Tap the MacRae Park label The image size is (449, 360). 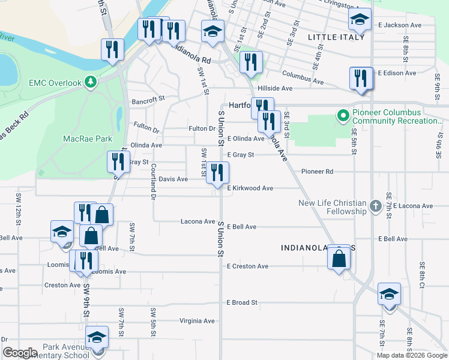pyautogui.click(x=88, y=139)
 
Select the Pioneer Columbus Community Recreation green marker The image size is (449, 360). pyautogui.click(x=343, y=115)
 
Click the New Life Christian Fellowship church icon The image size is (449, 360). pyautogui.click(x=375, y=206)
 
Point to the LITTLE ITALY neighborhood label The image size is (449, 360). pyautogui.click(x=336, y=37)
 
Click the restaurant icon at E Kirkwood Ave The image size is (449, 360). pyautogui.click(x=217, y=173)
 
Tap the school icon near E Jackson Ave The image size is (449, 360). pyautogui.click(x=360, y=20)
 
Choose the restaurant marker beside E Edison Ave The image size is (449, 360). pyautogui.click(x=361, y=79)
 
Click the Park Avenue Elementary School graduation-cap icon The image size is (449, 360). pyautogui.click(x=96, y=338)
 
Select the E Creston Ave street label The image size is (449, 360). pyautogui.click(x=247, y=266)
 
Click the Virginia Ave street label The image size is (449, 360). pyautogui.click(x=197, y=321)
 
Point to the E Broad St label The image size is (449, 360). pyautogui.click(x=242, y=302)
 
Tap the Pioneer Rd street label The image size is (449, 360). pyautogui.click(x=317, y=172)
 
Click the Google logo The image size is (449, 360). pyautogui.click(x=19, y=353)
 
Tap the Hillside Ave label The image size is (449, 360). pyautogui.click(x=274, y=88)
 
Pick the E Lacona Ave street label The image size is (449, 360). pyautogui.click(x=414, y=206)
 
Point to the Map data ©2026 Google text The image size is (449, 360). pyautogui.click(x=411, y=355)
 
